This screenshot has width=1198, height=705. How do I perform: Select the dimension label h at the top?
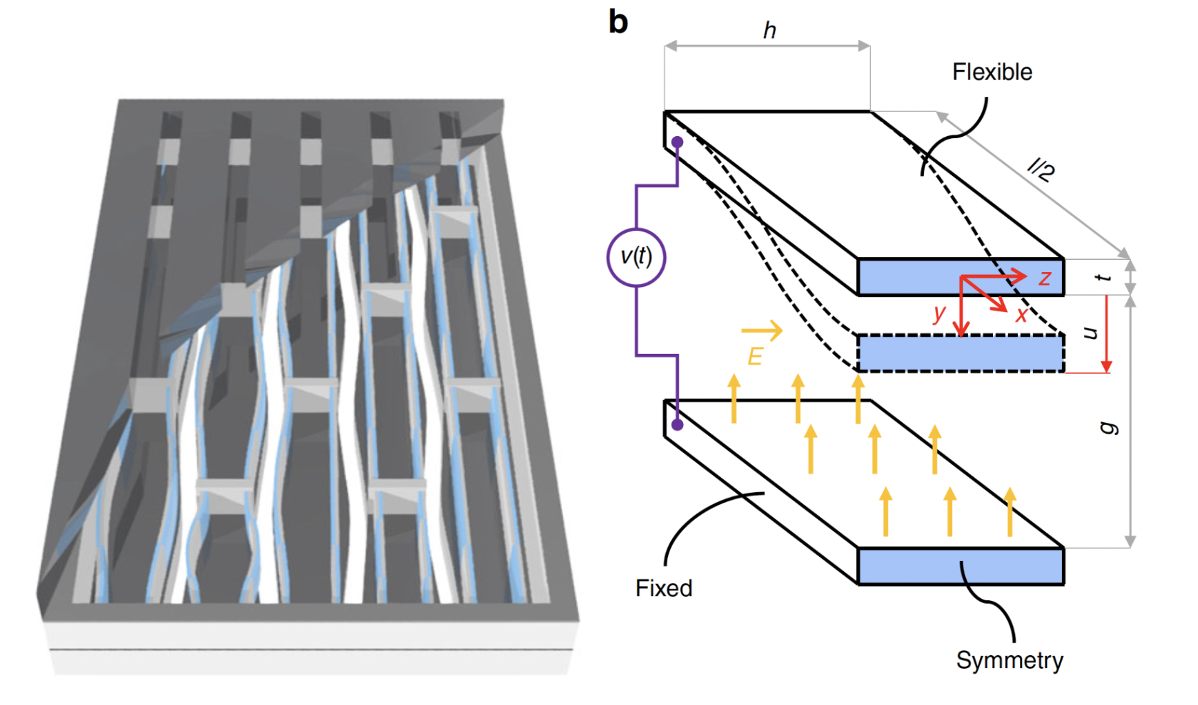(769, 31)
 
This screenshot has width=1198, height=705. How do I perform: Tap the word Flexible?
(992, 72)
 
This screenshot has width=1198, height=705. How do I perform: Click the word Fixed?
(664, 588)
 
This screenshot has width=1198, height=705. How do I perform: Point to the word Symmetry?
(1009, 660)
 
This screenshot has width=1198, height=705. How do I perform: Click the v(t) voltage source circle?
(636, 257)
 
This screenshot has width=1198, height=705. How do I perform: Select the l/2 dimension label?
(1041, 170)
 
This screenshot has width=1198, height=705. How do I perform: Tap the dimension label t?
(1105, 277)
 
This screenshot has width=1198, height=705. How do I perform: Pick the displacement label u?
(1090, 333)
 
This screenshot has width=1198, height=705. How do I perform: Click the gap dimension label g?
(1108, 427)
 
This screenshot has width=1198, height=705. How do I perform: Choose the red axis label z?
(1045, 278)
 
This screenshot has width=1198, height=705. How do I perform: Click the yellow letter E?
(755, 356)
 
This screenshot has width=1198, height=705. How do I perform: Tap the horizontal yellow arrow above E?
(761, 330)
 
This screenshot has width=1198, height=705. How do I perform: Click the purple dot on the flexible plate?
(677, 142)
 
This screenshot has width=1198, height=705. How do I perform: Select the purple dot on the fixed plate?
(677, 424)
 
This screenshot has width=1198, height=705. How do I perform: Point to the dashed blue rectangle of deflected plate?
(960, 353)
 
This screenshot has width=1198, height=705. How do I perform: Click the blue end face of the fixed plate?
(960, 567)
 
